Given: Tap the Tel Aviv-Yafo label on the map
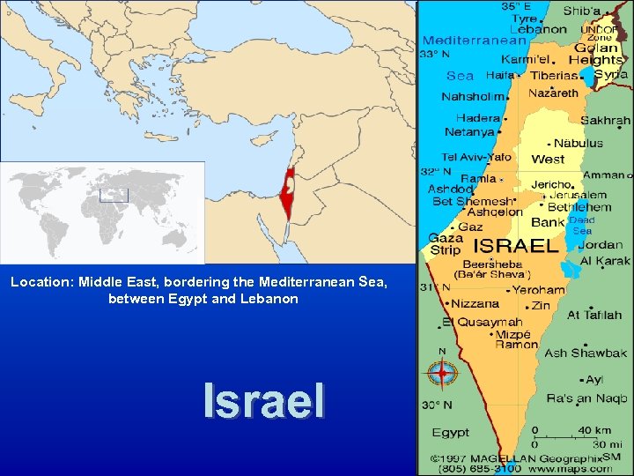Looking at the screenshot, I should coord(476,157).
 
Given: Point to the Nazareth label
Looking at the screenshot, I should coord(553,92).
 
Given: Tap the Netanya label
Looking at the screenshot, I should coord(469,132).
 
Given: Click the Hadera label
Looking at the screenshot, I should coord(477,118).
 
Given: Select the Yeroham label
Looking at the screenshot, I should coord(539,289).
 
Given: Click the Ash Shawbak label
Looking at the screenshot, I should coord(586,353).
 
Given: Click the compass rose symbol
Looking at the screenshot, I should coord(441,374).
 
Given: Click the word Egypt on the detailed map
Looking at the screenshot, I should coord(450,433).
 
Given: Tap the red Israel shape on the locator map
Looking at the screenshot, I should coord(286,190).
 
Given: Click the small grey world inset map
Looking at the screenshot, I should coord(102,212).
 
